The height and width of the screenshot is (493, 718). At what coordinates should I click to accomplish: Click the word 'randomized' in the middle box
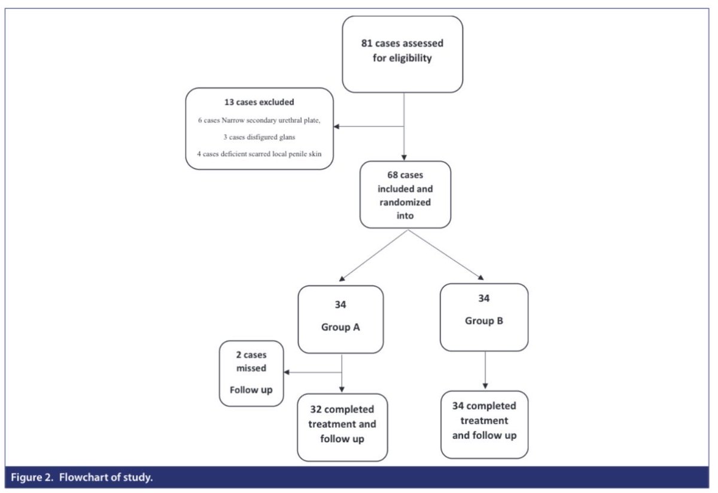tap(404, 202)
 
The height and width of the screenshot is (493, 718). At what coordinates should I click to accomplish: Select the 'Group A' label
tap(340, 328)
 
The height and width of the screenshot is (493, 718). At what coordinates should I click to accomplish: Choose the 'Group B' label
tap(483, 321)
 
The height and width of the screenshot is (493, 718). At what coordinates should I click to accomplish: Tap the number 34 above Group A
tap(340, 305)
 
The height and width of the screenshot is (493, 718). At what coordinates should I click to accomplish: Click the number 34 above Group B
tap(483, 298)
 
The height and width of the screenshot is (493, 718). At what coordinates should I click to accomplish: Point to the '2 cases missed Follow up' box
tap(251, 372)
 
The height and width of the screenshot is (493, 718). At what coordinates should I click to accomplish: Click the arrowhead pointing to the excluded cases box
tap(337, 126)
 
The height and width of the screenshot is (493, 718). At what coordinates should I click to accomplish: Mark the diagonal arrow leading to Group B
tap(446, 254)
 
